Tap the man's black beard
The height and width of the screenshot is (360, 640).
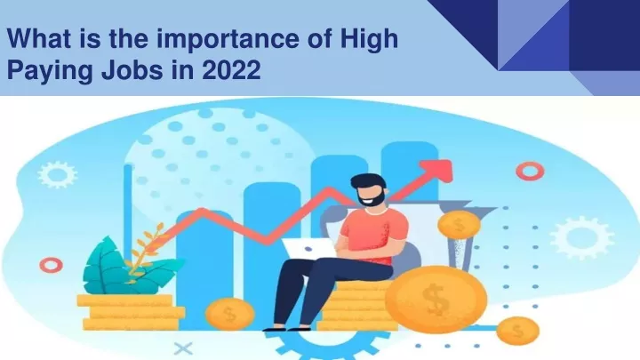pos(371,198)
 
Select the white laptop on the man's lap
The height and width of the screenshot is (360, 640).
pos(309,249)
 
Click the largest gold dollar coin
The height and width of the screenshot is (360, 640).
pos(436,299)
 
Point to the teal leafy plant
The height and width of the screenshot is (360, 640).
pos(123,268)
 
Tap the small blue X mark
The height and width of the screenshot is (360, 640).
pos(183,349)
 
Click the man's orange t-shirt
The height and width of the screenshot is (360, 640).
pos(373,235)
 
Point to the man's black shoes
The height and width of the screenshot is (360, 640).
pos(287,328)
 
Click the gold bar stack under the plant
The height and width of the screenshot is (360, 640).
pos(131,312)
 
